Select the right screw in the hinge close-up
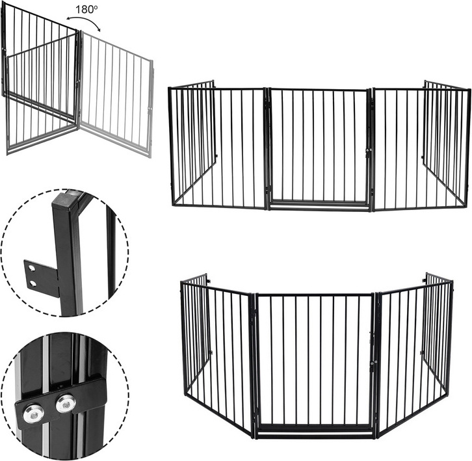(x=66, y=403)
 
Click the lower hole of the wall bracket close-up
(x=31, y=283)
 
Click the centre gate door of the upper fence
(x=318, y=146)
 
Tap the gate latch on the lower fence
(x=372, y=338)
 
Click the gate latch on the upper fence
(x=368, y=152)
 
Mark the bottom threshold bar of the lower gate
(x=314, y=432)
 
